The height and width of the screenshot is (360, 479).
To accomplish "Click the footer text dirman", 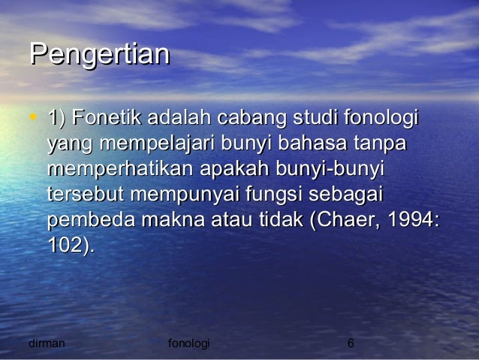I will coord(46,343).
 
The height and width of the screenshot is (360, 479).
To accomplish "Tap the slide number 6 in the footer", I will coord(350,343).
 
